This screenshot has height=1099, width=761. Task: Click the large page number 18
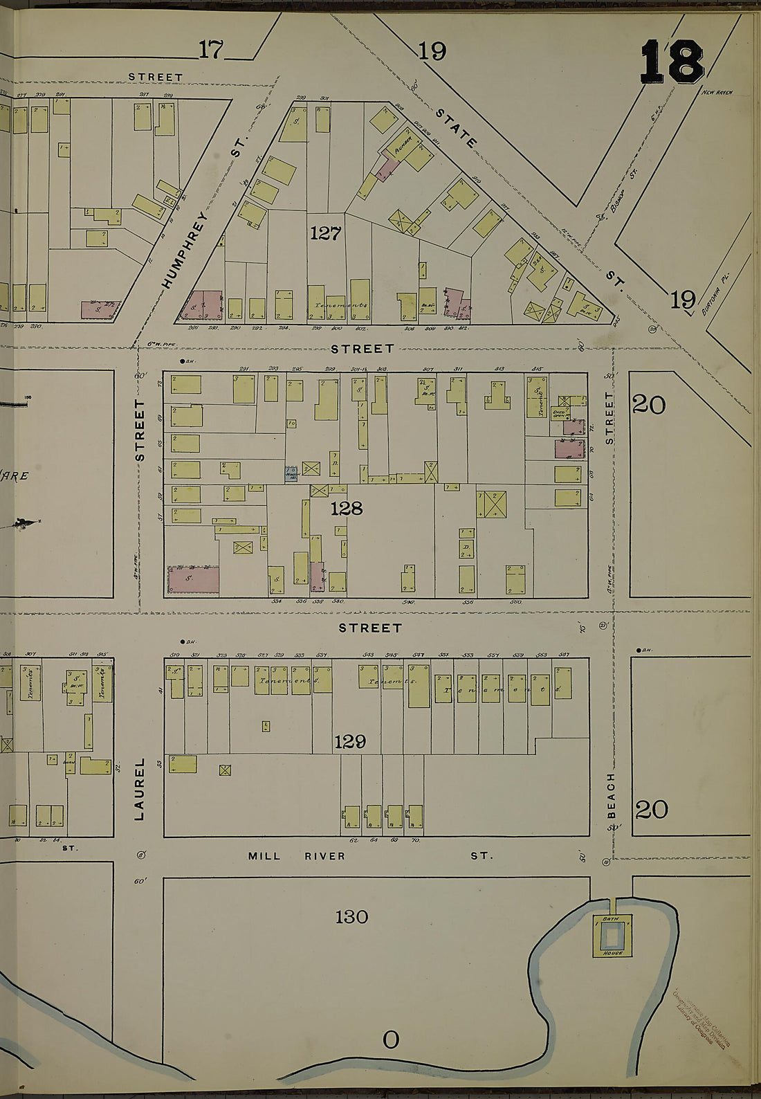672,62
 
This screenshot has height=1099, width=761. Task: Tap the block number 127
325,233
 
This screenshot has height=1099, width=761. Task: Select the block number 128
346,509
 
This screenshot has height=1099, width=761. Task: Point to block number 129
349,742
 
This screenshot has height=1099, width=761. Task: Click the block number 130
351,917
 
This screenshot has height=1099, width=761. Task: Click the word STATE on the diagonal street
456,128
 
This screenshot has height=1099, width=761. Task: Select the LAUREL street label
140,789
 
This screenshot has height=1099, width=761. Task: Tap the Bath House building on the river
612,936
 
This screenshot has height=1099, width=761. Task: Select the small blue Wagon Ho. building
291,473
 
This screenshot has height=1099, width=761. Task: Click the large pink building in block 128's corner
194,579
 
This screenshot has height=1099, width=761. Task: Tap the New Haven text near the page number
717,92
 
